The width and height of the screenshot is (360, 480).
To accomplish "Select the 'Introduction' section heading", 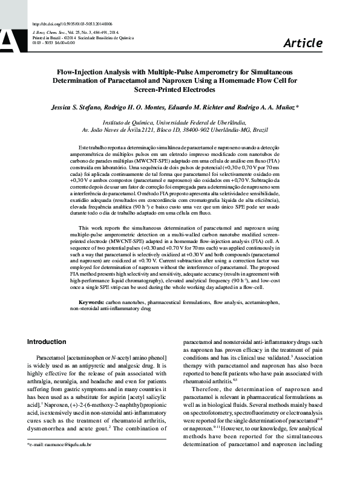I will point(47,342).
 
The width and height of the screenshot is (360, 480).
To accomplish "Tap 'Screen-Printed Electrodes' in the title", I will point(180,89).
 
